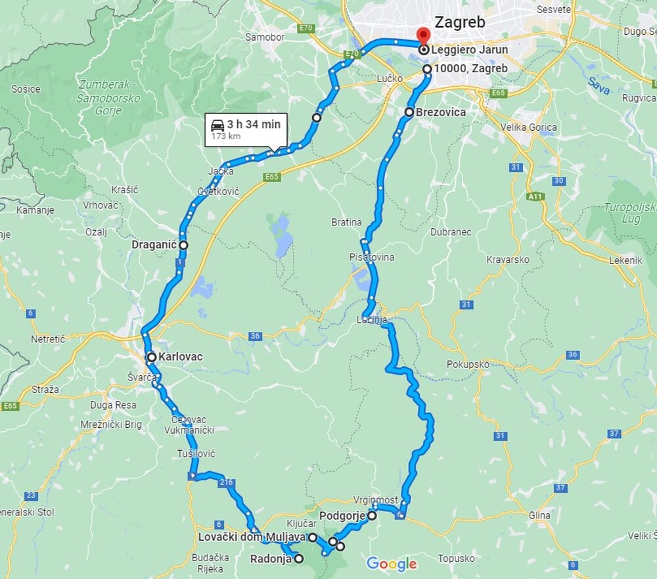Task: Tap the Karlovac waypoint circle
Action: (x=152, y=358)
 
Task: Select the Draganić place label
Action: (x=154, y=244)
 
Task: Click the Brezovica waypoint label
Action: (x=440, y=112)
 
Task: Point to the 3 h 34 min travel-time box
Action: (x=246, y=129)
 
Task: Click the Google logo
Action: (x=392, y=563)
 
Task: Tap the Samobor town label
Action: (x=265, y=37)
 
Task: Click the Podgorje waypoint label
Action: (x=342, y=517)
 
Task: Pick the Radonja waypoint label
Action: (x=271, y=559)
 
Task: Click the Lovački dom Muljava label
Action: (x=252, y=538)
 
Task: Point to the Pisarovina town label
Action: (x=373, y=257)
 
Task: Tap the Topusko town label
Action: (x=456, y=559)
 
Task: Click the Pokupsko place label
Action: (x=468, y=364)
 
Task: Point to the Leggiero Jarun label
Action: (x=470, y=50)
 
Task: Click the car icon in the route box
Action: (x=217, y=124)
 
